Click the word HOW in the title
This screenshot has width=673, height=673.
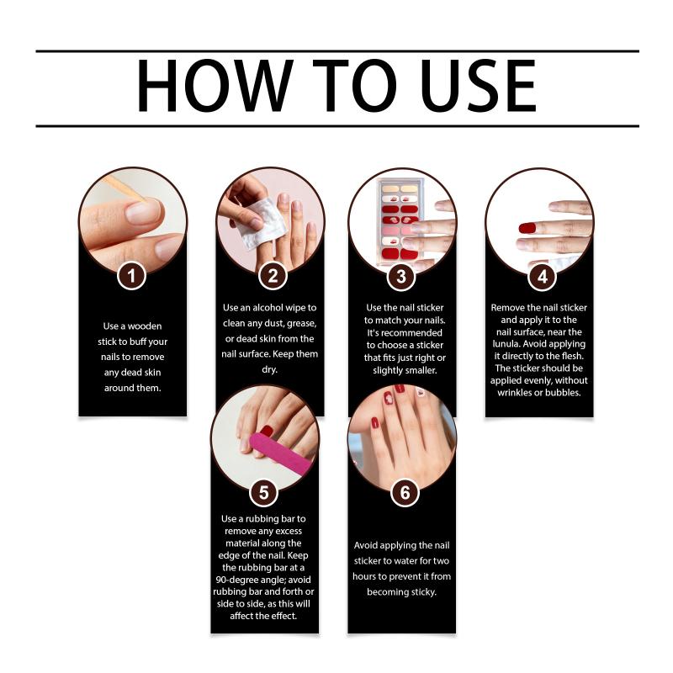[215, 86]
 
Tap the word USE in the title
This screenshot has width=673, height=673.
[478, 86]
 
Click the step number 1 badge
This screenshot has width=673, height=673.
[132, 276]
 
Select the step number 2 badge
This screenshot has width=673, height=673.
[273, 276]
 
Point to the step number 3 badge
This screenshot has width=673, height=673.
[401, 277]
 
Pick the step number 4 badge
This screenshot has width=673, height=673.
[542, 277]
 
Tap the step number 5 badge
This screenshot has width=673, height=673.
[263, 492]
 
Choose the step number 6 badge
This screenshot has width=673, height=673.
[405, 492]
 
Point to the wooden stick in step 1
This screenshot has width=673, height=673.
[125, 188]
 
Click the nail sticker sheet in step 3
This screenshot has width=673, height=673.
[400, 221]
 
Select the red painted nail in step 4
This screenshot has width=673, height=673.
[527, 228]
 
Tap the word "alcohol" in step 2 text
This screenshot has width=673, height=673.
[268, 308]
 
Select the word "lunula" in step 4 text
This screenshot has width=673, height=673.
[506, 344]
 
